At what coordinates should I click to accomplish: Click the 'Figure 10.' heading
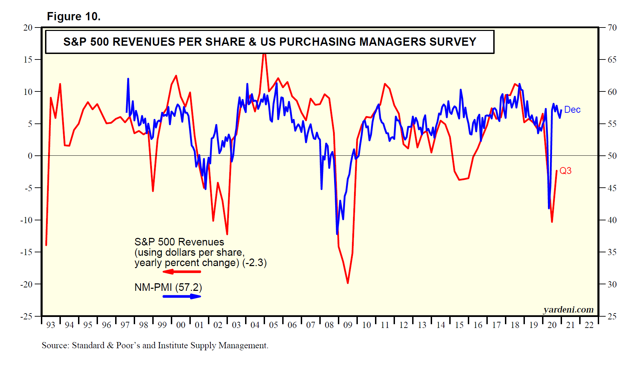(74, 17)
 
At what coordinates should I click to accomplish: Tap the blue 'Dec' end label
(572, 110)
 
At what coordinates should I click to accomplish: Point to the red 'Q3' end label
(565, 171)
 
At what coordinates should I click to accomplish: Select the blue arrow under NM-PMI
(182, 296)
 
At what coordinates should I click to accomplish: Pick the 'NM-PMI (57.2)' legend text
(168, 287)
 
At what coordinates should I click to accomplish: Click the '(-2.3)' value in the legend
(254, 263)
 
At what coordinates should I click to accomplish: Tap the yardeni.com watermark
(568, 310)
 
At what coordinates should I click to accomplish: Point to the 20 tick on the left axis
(28, 28)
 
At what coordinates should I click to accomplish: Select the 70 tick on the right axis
(612, 28)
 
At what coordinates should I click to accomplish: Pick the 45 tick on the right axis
(612, 188)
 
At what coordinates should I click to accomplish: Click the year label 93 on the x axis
(51, 325)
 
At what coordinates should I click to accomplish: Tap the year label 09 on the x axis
(348, 325)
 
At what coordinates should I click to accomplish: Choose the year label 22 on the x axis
(589, 325)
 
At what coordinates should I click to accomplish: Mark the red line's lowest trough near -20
(348, 283)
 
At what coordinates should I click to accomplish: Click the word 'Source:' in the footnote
(55, 345)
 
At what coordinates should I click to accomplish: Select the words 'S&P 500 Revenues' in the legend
(179, 242)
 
